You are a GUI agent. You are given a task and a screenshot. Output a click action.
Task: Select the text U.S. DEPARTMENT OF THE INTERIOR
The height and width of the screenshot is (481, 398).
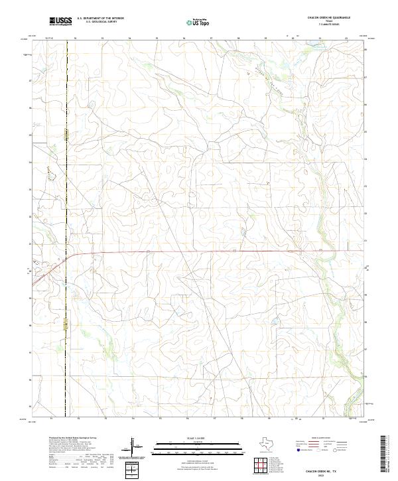pyautogui.click(x=100, y=19)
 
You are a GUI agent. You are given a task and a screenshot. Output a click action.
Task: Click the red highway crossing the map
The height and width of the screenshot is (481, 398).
pyautogui.click(x=199, y=251)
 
